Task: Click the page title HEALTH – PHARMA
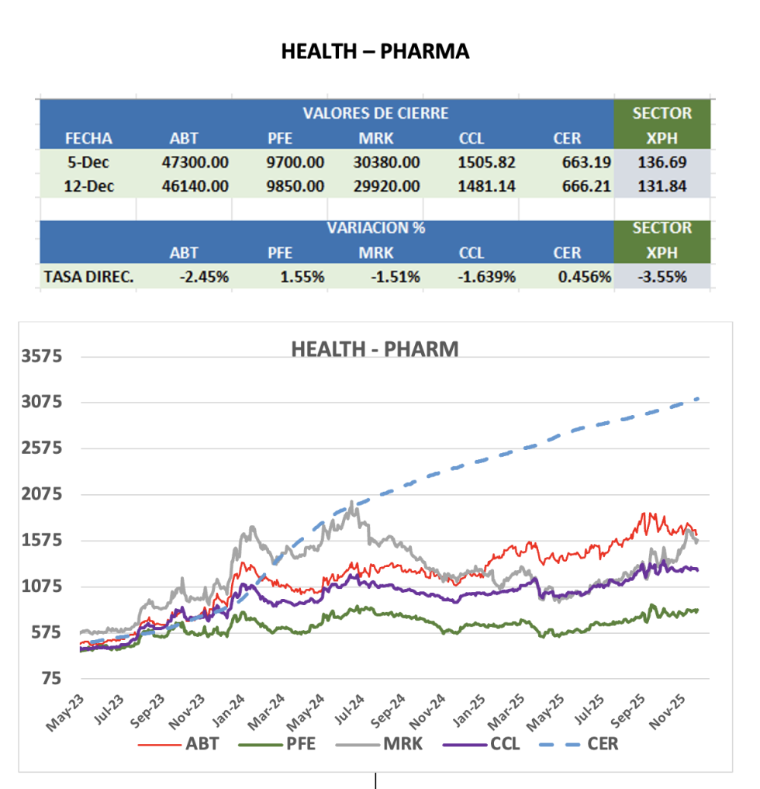coord(375,51)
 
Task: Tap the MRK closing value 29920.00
coord(388,186)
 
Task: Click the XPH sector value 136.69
coord(662,163)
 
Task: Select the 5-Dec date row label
coord(88,163)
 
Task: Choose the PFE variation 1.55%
coord(301,276)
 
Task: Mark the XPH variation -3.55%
coord(662,276)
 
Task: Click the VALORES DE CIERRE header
coord(375,113)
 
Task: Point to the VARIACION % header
coord(375,228)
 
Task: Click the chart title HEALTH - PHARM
coord(375,349)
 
